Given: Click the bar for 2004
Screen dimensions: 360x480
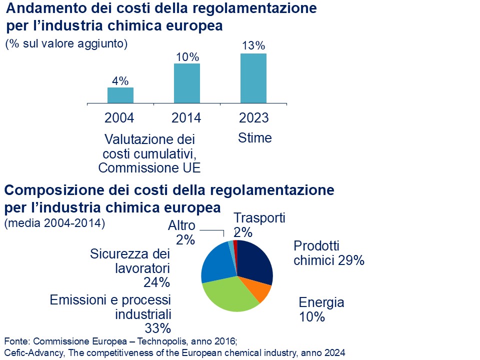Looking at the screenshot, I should [x=120, y=95].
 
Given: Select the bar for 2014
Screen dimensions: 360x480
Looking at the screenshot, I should [x=187, y=83].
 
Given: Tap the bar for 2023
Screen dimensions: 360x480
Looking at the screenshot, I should [x=253, y=78].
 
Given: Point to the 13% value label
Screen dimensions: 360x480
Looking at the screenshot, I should [x=253, y=46].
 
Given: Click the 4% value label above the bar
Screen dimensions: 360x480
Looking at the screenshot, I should [x=120, y=80].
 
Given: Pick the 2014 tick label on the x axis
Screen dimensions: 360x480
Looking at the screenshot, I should [x=186, y=118].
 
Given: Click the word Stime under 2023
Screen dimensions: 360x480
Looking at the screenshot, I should [x=255, y=137].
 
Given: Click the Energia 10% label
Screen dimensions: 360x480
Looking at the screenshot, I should [x=321, y=309].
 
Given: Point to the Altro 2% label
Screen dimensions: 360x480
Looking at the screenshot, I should [x=182, y=232].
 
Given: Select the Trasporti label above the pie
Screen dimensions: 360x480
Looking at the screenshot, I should [x=259, y=218].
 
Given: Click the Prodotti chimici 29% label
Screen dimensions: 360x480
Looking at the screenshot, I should [x=328, y=253].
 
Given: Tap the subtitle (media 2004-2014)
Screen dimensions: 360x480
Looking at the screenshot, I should [x=54, y=223].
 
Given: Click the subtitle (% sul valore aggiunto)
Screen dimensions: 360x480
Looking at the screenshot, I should [x=66, y=44].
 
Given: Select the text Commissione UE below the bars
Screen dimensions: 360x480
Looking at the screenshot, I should [x=149, y=168].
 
